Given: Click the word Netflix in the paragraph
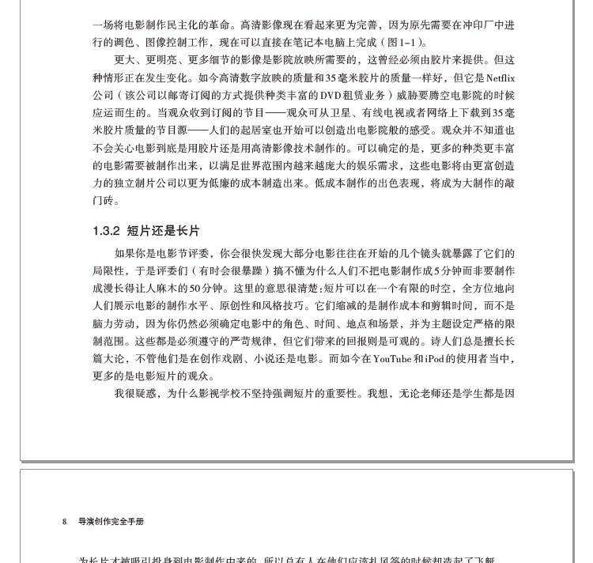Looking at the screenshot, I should coord(500,78).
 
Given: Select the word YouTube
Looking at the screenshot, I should coord(392,359).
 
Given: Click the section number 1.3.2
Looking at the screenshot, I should coord(106,231).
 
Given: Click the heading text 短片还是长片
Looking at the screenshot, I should coord(163,231).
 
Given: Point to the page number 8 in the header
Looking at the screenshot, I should coord(65,522).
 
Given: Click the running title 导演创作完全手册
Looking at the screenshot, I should coord(111,522).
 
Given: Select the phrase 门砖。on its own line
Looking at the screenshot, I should coord(106,201).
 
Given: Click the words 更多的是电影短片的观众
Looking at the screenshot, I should coord(153,376).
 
